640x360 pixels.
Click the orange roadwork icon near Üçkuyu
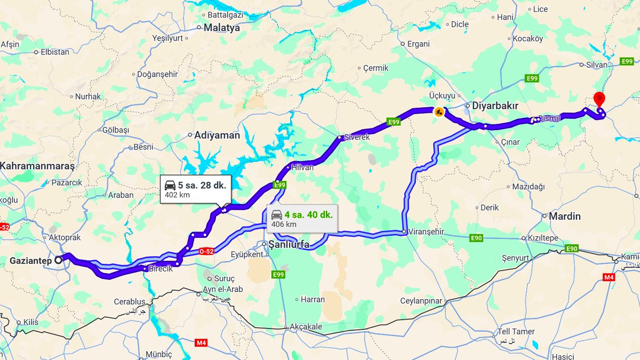438,112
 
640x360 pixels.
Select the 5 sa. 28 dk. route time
202,185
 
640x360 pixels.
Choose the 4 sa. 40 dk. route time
308,214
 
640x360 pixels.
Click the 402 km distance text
177,195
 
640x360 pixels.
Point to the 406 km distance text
284,225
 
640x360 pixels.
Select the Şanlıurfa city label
289,245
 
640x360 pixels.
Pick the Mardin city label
565,216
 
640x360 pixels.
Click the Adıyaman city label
217,135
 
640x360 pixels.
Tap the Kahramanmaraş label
37,166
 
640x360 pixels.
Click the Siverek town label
357,137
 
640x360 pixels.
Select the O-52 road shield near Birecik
206,251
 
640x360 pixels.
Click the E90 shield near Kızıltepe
476,238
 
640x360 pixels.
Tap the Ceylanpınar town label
421,301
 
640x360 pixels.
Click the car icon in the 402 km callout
170,185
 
